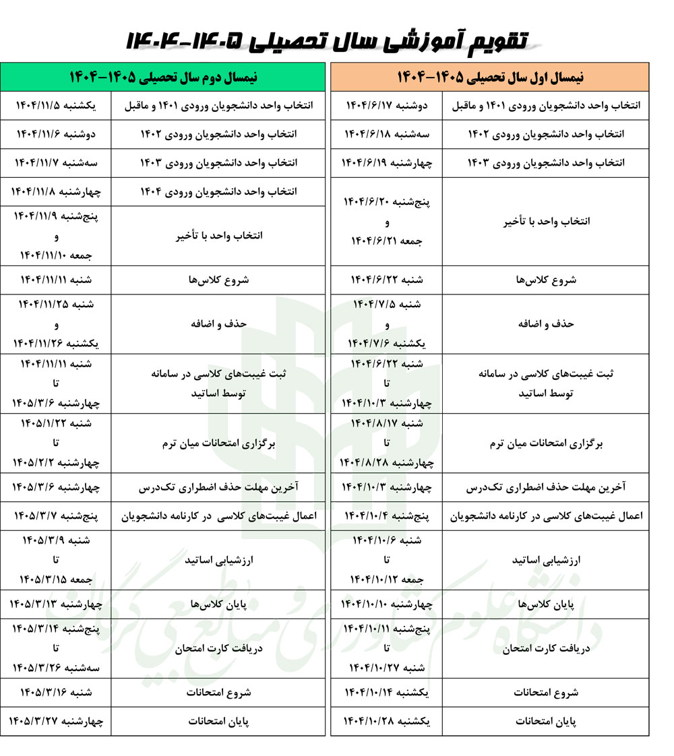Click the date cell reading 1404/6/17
[x=386, y=106]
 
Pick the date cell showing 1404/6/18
[x=386, y=135]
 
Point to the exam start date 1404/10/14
[x=386, y=692]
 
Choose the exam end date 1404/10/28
[x=386, y=721]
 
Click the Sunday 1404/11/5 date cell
[x=56, y=106]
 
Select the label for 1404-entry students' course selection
[x=218, y=192]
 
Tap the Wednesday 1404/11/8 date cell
[x=56, y=192]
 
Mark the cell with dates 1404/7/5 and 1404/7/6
[x=386, y=324]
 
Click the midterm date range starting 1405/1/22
[x=56, y=443]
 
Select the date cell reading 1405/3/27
[x=56, y=721]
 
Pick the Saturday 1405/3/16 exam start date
[x=56, y=692]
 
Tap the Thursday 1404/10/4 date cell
[x=386, y=516]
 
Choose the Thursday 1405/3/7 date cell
[x=56, y=516]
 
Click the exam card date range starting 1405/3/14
[x=56, y=648]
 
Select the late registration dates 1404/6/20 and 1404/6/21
[x=386, y=222]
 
